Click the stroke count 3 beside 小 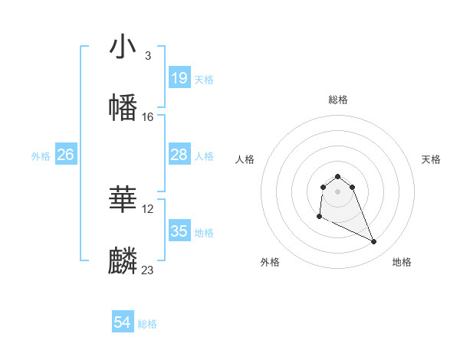click(147, 56)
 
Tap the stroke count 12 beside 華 click(149, 208)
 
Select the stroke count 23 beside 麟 click(148, 270)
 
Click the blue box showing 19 click(179, 78)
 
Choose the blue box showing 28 click(179, 155)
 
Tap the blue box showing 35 click(179, 231)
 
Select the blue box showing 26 click(65, 155)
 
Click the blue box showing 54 click(123, 322)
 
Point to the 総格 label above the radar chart click(338, 100)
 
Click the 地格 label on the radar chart click(402, 263)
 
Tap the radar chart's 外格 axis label click(270, 263)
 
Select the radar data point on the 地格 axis click(374, 242)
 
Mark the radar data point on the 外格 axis click(319, 217)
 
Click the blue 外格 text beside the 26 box click(41, 156)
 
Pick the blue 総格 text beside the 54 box click(147, 324)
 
